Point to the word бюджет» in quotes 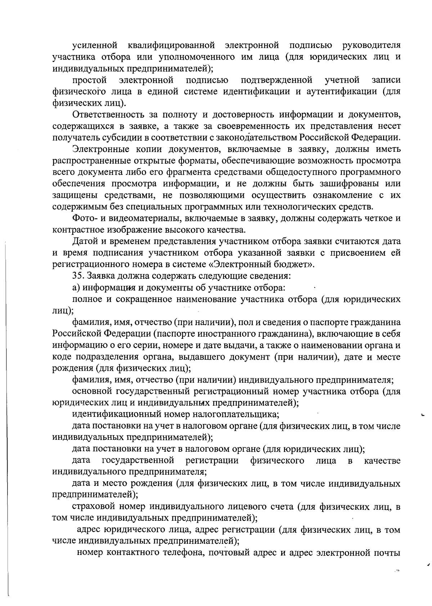click(293, 264)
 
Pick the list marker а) click(77, 288)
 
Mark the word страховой click(94, 506)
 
